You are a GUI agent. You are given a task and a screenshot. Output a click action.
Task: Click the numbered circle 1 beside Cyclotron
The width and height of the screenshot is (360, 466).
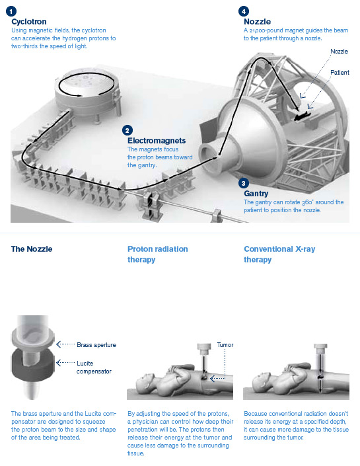point(11,12)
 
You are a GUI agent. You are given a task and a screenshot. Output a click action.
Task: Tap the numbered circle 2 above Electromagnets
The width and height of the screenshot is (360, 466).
point(127,130)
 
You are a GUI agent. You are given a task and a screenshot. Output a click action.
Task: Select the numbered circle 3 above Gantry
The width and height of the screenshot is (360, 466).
point(244,183)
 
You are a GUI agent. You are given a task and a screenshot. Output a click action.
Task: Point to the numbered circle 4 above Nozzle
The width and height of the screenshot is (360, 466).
point(244,12)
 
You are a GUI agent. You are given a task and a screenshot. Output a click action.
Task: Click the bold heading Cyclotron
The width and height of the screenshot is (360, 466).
point(29,22)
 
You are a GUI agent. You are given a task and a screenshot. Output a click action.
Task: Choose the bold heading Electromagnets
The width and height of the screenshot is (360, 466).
point(157,141)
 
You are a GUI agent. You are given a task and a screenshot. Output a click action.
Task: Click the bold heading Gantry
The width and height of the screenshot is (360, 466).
point(256,194)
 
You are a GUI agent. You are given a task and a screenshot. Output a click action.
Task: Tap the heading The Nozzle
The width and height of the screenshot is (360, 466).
point(32,249)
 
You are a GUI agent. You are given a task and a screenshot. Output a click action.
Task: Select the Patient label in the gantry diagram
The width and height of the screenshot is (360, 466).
point(340,73)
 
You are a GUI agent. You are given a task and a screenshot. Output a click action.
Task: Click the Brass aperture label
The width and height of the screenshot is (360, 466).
point(96,345)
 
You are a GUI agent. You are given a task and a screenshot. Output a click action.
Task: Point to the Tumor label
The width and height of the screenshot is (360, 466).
point(225,345)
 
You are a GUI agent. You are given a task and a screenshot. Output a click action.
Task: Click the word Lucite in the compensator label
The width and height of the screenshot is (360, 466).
point(85,363)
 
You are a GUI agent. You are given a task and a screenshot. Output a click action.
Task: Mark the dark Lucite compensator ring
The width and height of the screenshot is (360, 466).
point(33,365)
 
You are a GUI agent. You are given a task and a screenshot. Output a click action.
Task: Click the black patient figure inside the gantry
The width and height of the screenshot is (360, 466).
point(302,116)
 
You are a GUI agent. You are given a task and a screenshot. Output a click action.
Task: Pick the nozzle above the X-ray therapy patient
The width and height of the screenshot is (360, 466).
point(320,349)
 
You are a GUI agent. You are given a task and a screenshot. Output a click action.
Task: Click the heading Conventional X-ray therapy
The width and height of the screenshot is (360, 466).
point(279,254)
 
